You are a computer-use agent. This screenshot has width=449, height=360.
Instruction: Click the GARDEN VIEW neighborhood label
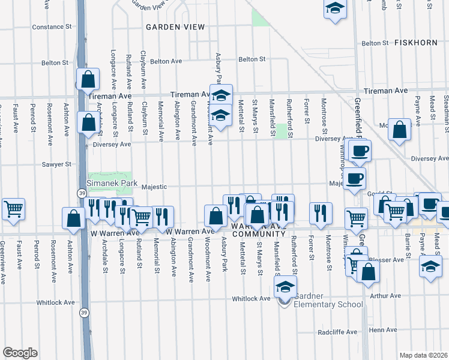pos(175,27)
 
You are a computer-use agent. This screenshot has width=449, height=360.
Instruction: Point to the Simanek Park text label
pos(112,183)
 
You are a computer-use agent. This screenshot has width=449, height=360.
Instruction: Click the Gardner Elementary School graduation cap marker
pos(286,287)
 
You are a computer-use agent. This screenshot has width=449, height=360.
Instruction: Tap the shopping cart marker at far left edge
pos(13,209)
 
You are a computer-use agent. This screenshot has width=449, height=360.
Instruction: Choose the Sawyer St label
pos(56,164)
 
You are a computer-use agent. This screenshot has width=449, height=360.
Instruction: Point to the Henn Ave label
pos(384,330)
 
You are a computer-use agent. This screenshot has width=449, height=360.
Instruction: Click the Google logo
pos(20,353)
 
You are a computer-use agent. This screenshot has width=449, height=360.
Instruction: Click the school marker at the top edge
pos(335,9)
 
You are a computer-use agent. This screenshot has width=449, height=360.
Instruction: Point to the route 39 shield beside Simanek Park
pos(81,193)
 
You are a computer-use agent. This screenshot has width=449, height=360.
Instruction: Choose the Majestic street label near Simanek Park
pos(154,187)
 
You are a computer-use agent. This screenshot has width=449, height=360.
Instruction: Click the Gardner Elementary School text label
pos(328,304)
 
